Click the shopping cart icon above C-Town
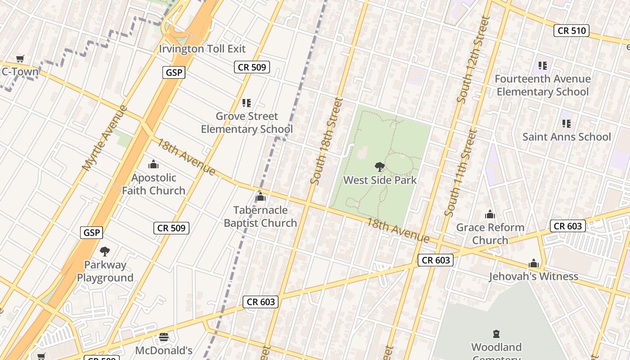[x=20, y=58]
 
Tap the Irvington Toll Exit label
[x=202, y=49]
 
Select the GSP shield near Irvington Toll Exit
[x=174, y=72]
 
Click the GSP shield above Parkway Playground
[x=92, y=233]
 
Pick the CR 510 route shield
[x=571, y=31]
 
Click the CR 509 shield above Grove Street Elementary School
[x=252, y=67]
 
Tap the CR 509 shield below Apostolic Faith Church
[x=171, y=228]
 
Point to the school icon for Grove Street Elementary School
[x=246, y=103]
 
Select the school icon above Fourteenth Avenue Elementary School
[x=543, y=66]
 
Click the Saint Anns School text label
[x=567, y=137]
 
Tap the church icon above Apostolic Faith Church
[x=153, y=164]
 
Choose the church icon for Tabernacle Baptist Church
[x=260, y=197]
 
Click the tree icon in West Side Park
[x=380, y=167]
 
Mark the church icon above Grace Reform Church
[x=490, y=214]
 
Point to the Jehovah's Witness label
[x=534, y=276]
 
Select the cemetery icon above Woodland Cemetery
[x=496, y=334]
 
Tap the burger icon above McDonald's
[x=164, y=337]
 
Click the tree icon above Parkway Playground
[x=105, y=251]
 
